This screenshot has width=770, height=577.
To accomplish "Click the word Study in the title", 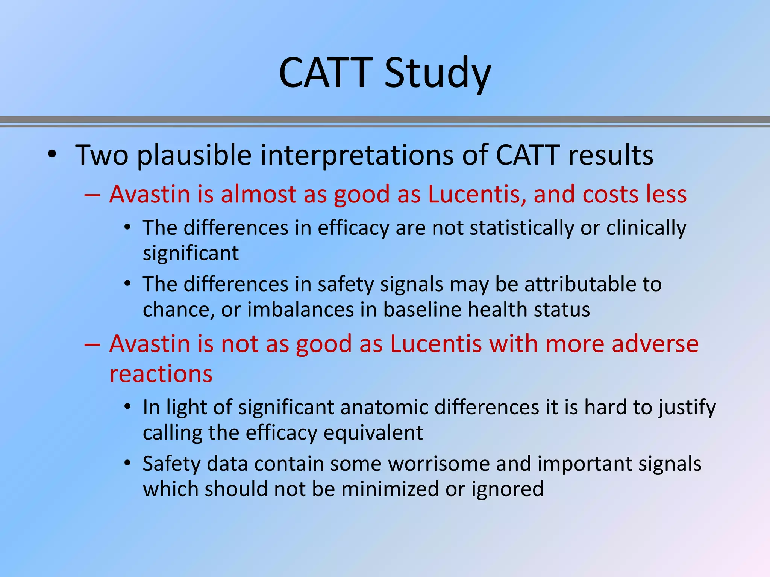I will [x=438, y=73].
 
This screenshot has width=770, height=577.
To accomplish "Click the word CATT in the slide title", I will [x=325, y=73].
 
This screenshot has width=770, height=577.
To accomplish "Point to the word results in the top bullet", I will [x=611, y=156].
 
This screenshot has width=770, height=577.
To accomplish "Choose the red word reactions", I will [x=161, y=374].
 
